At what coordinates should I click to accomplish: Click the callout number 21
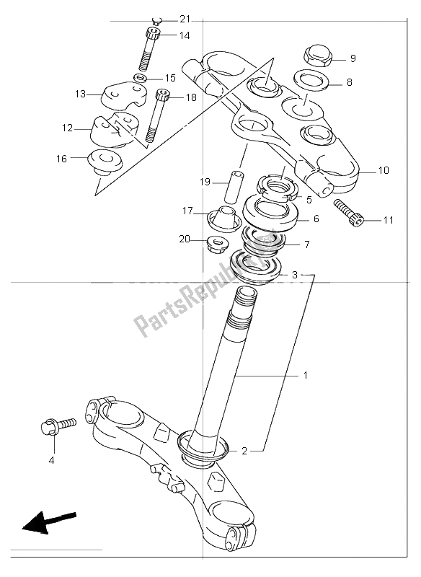pyautogui.click(x=185, y=19)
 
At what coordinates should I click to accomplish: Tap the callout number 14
pyautogui.click(x=185, y=35)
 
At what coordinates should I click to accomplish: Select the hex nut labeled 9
pyautogui.click(x=318, y=57)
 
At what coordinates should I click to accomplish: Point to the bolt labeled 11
pyautogui.click(x=348, y=213)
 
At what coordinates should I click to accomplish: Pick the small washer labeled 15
pyautogui.click(x=140, y=78)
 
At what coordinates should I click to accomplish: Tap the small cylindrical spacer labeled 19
pyautogui.click(x=236, y=186)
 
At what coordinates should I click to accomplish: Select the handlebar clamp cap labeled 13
pyautogui.click(x=123, y=96)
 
